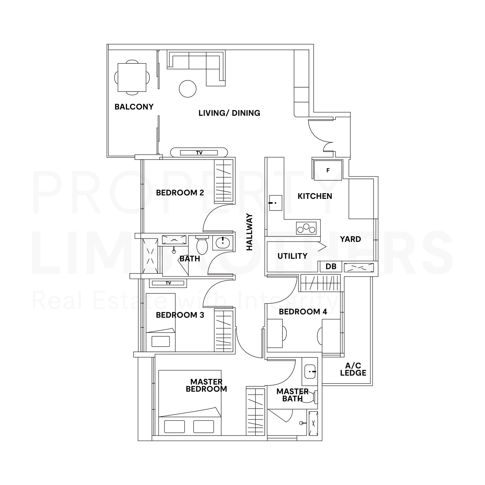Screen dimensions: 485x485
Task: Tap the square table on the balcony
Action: (132, 77)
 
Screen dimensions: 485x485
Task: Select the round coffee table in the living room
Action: (188, 89)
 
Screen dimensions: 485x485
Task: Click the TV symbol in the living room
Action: (199, 153)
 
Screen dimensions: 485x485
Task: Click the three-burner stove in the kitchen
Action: (306, 228)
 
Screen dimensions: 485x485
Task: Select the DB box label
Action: (331, 267)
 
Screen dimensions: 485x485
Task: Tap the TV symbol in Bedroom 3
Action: (168, 283)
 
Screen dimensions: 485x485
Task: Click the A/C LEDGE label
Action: (353, 369)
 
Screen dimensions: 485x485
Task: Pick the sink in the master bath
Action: (310, 372)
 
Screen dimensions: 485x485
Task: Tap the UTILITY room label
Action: (293, 256)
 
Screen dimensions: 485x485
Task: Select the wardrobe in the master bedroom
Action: (255, 412)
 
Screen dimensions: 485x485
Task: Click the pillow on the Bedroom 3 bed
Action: (161, 341)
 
